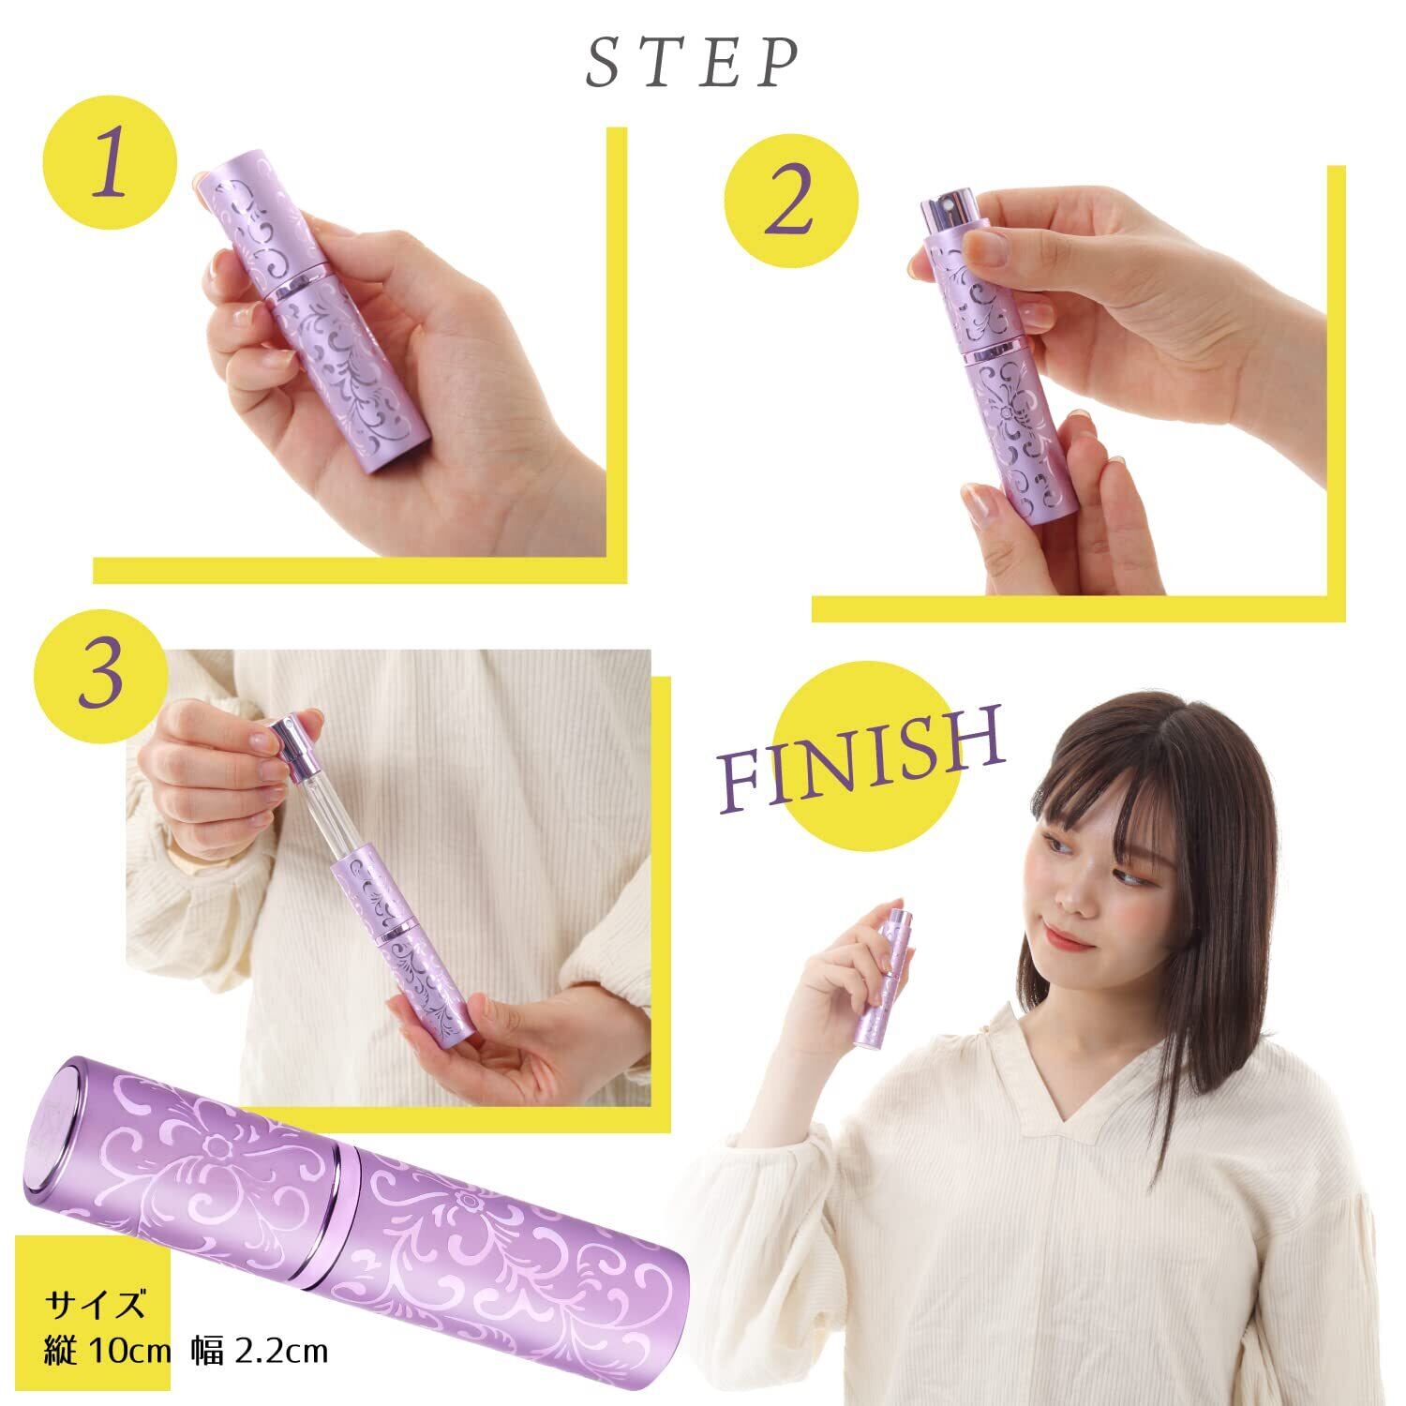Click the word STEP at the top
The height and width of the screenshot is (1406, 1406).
693,64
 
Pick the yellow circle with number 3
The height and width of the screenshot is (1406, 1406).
100,677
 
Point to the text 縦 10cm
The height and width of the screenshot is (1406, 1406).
106,1351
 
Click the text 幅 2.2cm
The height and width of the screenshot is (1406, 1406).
260,1351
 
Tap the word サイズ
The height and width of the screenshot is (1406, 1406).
97,1304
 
